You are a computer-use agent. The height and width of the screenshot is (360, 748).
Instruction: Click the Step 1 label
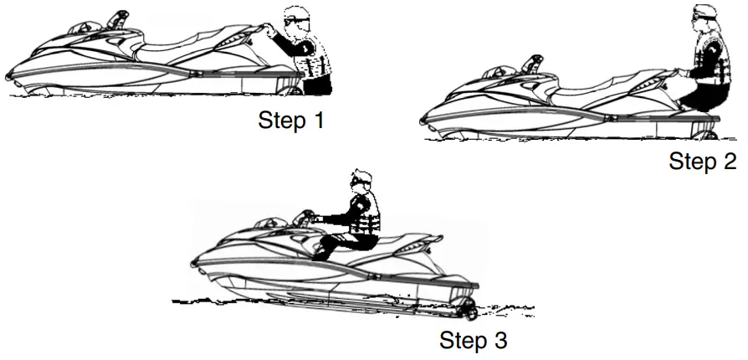[290, 121]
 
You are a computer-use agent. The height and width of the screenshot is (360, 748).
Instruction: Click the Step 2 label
[702, 161]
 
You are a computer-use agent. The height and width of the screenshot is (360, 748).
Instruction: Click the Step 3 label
[473, 342]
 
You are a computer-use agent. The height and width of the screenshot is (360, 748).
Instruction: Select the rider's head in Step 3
[361, 181]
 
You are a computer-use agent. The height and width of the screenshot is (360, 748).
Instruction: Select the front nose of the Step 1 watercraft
[10, 76]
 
